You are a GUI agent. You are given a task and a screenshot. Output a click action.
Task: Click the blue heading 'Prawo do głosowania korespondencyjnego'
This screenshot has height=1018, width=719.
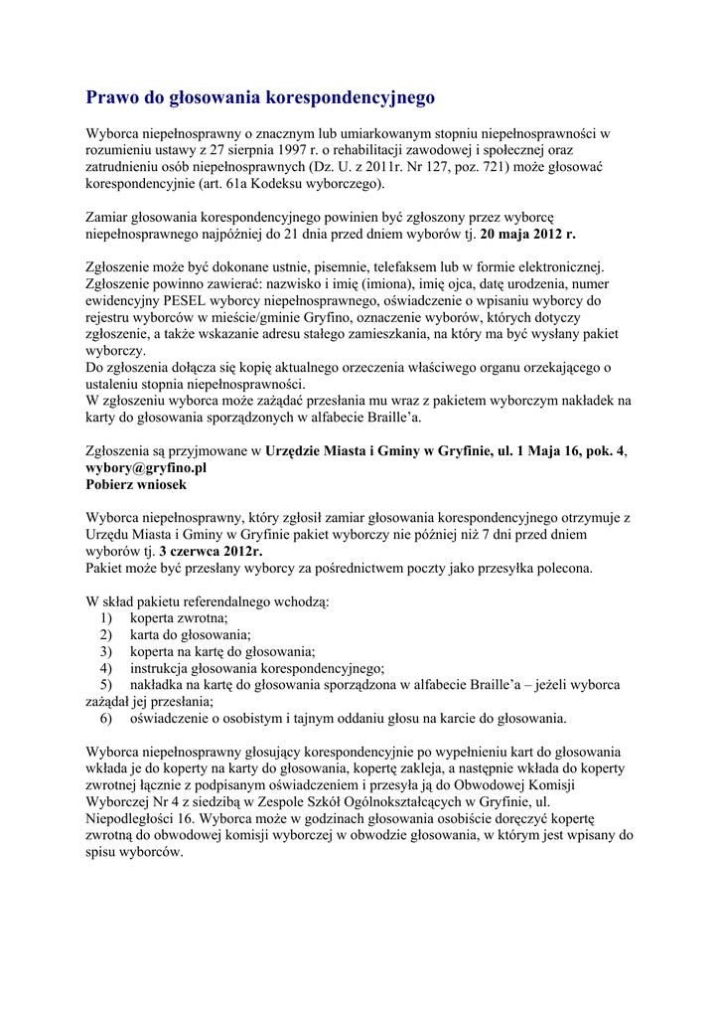pos(260,97)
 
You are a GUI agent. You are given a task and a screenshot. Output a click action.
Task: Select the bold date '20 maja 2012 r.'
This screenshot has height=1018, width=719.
pos(527,235)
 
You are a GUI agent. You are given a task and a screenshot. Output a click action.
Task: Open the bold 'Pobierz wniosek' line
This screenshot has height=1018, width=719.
pos(135,485)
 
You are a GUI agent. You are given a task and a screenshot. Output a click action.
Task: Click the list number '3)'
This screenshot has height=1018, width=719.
pos(106,651)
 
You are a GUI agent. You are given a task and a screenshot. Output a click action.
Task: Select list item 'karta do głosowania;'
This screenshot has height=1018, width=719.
pos(190,634)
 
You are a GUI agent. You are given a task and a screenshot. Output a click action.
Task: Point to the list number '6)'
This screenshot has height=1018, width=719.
pos(106,719)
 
